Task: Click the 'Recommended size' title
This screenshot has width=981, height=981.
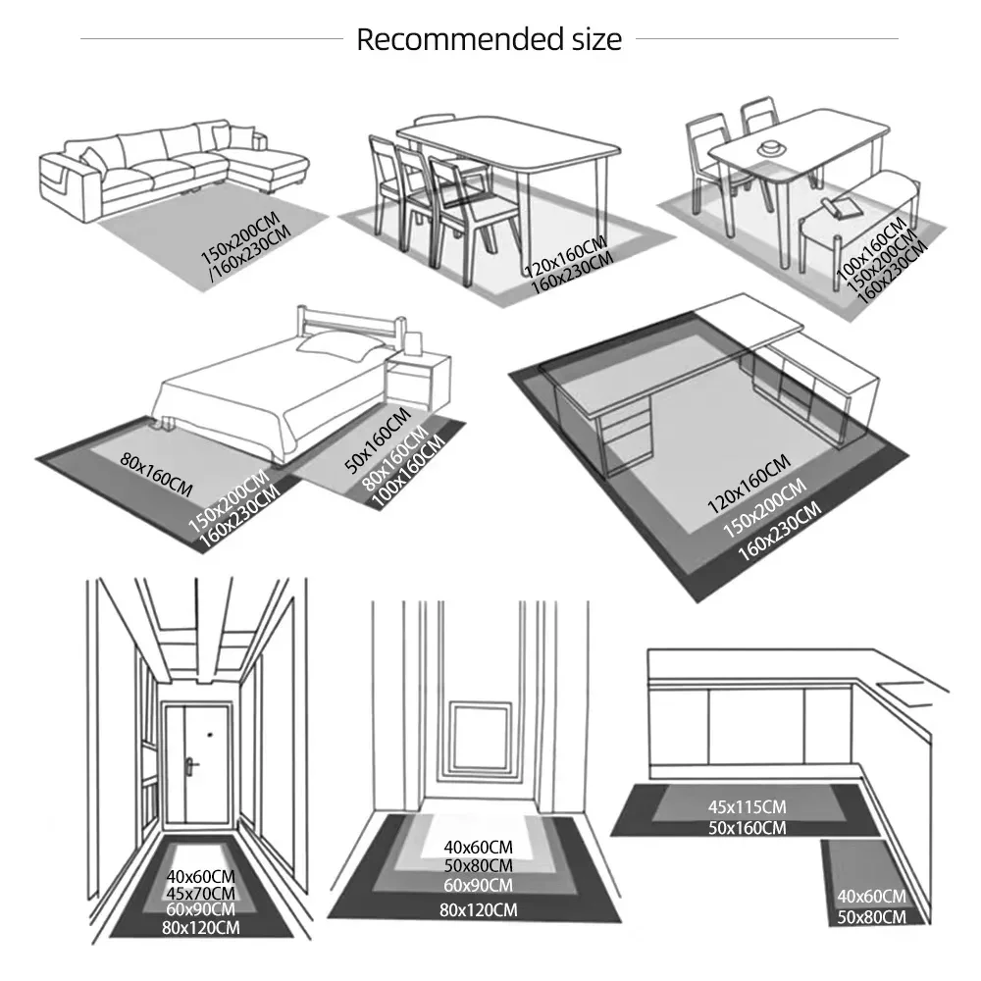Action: (x=490, y=39)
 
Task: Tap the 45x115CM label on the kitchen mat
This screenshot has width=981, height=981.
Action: (x=747, y=807)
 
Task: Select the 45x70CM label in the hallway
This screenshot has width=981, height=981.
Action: (x=200, y=894)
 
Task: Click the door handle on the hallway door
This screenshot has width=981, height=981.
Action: (x=191, y=764)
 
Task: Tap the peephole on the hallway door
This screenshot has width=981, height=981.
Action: (x=210, y=734)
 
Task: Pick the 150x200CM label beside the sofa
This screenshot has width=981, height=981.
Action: (x=239, y=236)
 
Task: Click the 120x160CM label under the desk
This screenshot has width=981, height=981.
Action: (x=749, y=484)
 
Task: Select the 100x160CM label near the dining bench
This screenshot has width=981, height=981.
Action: (x=871, y=247)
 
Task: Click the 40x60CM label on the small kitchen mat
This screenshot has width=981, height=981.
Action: (x=871, y=897)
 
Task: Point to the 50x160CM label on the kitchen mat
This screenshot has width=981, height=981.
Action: (x=747, y=828)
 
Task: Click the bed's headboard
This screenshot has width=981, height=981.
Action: (x=350, y=326)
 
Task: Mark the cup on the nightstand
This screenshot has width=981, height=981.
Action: (x=414, y=343)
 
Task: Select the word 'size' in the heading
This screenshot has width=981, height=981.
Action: (x=596, y=39)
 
